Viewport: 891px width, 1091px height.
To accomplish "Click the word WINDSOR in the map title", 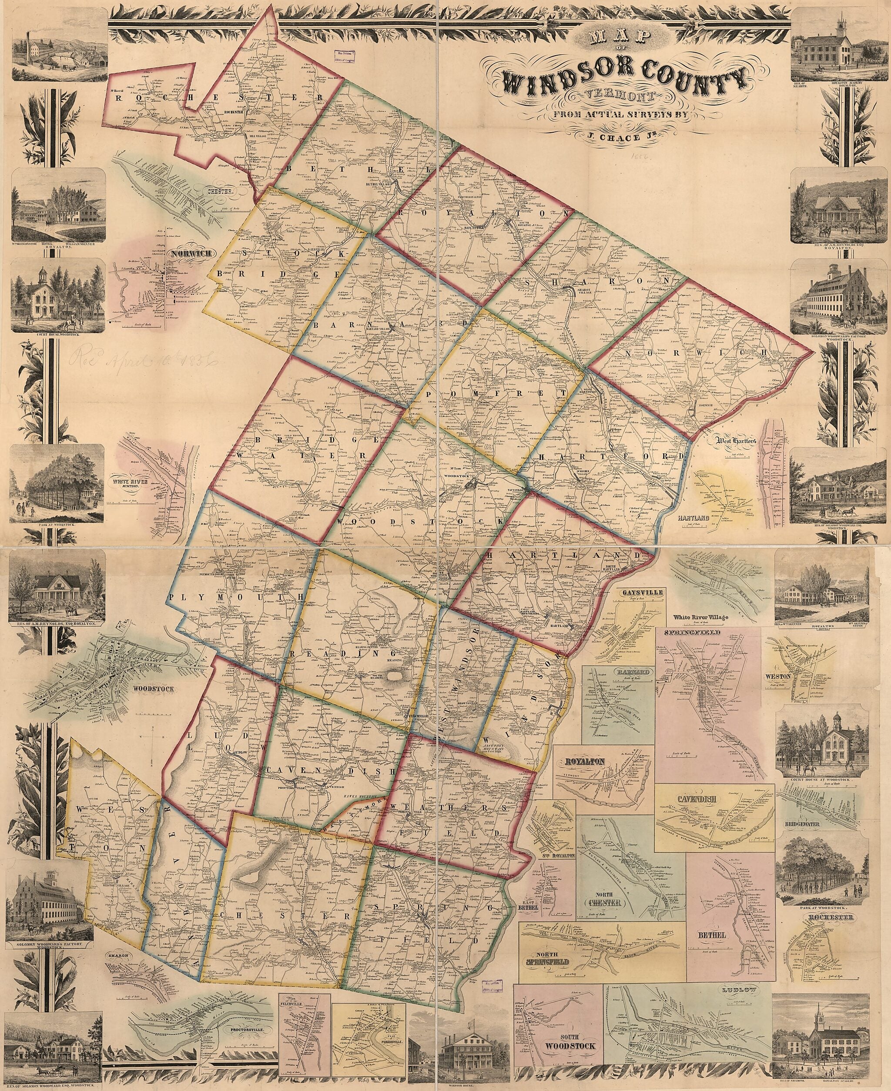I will pyautogui.click(x=559, y=80).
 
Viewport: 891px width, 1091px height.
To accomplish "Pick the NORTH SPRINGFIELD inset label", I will pyautogui.click(x=552, y=951).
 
